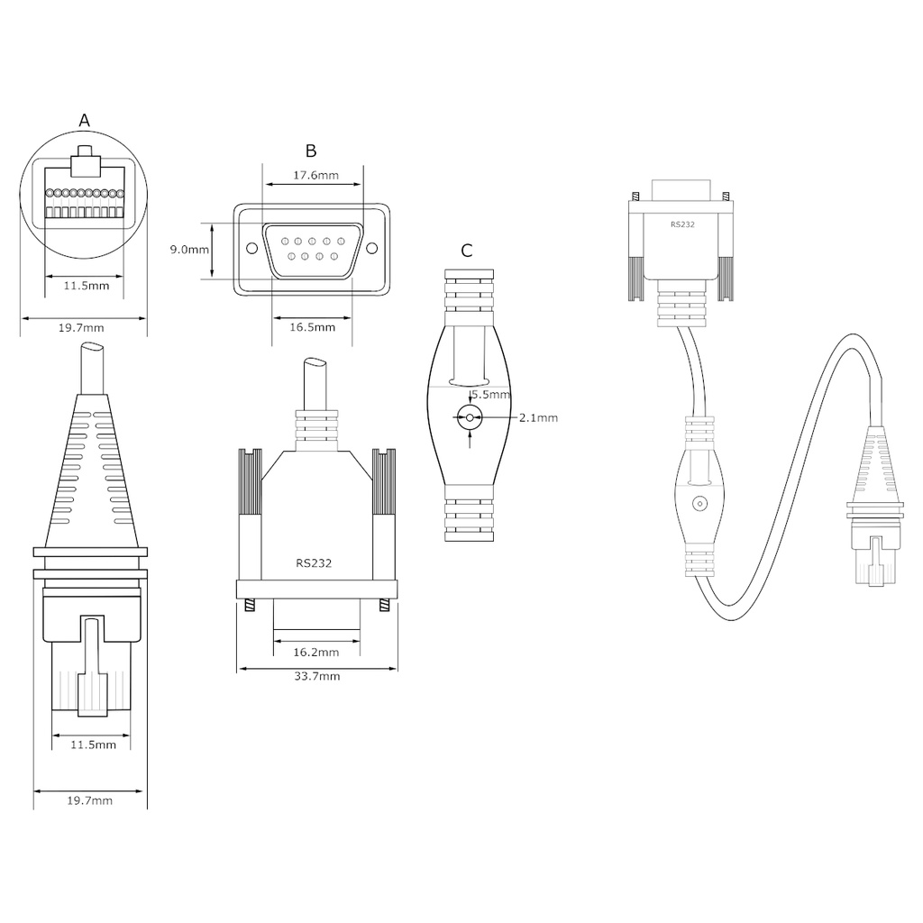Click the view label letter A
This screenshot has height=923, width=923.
pos(84,121)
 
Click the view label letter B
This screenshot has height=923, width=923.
pos(311,151)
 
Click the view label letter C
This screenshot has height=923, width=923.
pos(467,251)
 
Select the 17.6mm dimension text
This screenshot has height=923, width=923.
pos(316,175)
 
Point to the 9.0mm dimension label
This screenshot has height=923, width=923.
pos(189,250)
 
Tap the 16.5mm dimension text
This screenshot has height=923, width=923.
pos(313,326)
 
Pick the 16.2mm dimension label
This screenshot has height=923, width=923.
pos(316,652)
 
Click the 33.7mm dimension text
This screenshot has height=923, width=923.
pos(317,676)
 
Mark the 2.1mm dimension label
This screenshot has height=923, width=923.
pos(539,418)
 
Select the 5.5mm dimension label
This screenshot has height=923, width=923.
pos(491,395)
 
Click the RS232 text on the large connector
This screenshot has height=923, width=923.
pos(314,563)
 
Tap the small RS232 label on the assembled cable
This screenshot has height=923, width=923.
pos(683,224)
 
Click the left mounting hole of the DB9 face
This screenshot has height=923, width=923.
pos(252,249)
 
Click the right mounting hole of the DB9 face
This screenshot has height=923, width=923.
pos(372,249)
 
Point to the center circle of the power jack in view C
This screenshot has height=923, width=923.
pos(470,418)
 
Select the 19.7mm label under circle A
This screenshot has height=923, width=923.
pos(81,328)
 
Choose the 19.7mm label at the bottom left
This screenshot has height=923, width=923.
pos(89,800)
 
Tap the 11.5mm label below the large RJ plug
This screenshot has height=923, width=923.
pos(93,745)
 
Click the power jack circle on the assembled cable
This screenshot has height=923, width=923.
pos(699,504)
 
